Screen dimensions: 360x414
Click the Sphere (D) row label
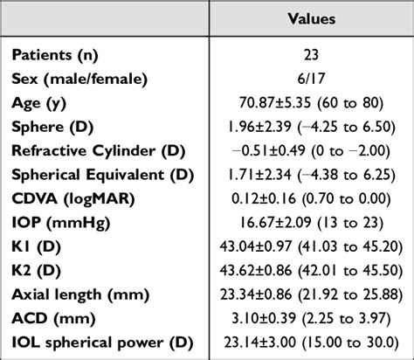coord(50,126)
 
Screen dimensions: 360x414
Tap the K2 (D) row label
coord(38,269)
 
